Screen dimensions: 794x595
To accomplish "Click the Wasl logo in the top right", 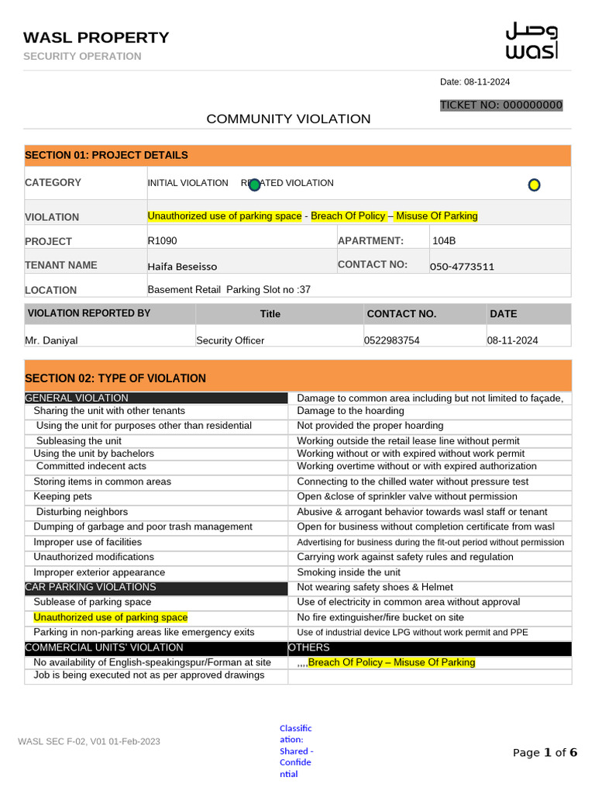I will [531, 41].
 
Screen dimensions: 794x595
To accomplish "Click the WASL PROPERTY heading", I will [96, 37].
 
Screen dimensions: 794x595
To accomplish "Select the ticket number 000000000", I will [501, 105].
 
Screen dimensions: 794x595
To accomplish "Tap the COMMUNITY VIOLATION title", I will [288, 119].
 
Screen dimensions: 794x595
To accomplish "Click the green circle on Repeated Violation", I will [254, 185].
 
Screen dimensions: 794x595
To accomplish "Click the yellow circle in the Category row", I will [533, 185].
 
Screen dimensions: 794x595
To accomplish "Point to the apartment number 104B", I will [444, 240].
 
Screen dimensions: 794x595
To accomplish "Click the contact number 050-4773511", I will [462, 267].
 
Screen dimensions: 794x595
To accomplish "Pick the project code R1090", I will [163, 240].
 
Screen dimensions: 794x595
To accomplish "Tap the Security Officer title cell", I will [230, 340].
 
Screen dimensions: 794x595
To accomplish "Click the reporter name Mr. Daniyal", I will [51, 340].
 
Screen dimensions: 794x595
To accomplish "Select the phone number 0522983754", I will [392, 340].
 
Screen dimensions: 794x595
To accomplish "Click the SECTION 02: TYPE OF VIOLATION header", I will [115, 378].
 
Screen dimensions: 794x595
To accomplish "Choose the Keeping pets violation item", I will [63, 496].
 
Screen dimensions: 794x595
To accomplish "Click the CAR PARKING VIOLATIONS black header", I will [91, 587].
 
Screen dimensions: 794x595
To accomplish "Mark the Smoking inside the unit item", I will [349, 572].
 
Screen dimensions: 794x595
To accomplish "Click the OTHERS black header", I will [309, 647].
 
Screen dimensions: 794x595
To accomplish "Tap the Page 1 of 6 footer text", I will [545, 752].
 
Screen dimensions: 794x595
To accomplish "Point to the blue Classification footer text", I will [296, 751].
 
